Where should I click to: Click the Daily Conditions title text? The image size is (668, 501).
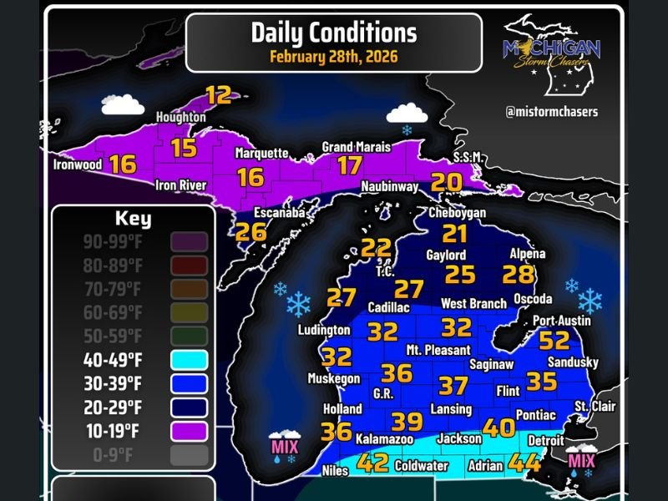(333, 33)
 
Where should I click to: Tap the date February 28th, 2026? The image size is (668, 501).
(333, 58)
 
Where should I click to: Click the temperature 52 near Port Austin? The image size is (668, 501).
(554, 340)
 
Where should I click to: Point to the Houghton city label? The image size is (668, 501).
(181, 118)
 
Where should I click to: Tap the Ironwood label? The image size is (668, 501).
(77, 164)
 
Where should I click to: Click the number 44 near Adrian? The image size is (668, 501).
(525, 461)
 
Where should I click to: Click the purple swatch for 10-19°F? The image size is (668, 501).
(188, 431)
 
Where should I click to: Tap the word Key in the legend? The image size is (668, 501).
(133, 220)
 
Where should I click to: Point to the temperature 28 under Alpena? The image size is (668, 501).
(518, 274)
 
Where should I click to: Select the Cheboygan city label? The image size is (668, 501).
(457, 213)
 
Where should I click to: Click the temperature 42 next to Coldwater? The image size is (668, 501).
(372, 462)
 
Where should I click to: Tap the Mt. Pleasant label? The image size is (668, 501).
(438, 350)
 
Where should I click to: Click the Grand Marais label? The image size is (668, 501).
(357, 147)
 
